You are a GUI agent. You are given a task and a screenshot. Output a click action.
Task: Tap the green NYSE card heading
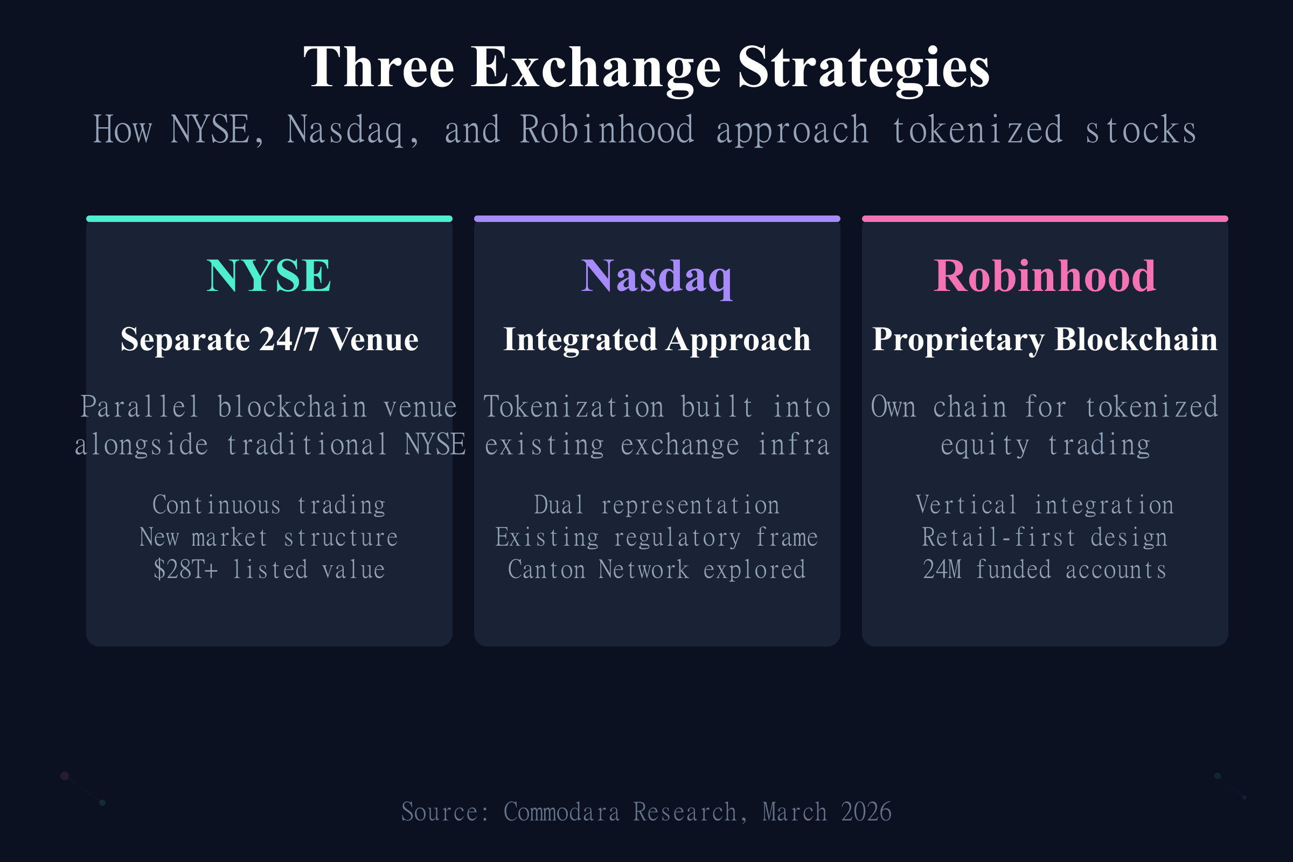tap(269, 276)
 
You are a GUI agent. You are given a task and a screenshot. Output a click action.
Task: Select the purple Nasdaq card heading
tap(657, 276)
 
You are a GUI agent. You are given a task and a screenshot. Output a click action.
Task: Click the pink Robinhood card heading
tap(1045, 276)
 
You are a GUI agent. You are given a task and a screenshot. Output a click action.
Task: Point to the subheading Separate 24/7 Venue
tap(269, 339)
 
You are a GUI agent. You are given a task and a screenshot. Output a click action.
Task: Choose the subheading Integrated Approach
tap(657, 339)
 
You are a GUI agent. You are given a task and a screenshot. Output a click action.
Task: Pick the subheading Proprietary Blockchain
tap(1045, 339)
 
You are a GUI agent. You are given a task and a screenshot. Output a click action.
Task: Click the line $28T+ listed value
tap(269, 569)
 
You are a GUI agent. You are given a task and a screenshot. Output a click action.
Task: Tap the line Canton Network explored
tap(657, 569)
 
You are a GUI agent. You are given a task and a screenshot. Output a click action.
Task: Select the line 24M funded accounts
tap(1045, 569)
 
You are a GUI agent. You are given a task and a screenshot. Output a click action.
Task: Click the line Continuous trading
tap(269, 505)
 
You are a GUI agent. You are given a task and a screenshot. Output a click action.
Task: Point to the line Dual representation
tap(657, 505)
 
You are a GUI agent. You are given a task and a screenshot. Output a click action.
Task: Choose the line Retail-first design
tap(1045, 537)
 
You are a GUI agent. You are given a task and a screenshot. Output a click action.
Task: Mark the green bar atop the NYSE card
tap(269, 219)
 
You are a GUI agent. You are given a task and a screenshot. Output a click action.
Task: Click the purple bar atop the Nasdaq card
tap(657, 219)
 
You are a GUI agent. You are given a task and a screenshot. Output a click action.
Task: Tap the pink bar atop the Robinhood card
tap(1045, 219)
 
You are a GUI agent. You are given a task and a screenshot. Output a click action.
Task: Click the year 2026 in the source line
tap(866, 812)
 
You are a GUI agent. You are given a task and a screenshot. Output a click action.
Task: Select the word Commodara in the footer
tap(561, 812)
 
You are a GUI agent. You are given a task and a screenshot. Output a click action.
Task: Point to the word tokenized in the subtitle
tap(977, 130)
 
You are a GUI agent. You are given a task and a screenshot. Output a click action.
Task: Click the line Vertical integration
tap(1045, 505)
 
